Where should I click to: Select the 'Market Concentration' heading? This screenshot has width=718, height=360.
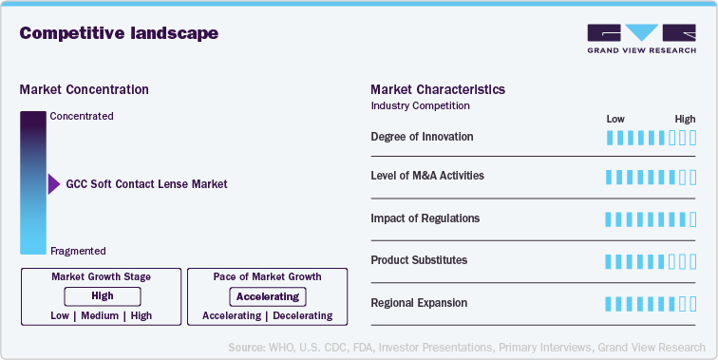[84, 89]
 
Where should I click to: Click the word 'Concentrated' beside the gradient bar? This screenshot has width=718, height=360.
[81, 116]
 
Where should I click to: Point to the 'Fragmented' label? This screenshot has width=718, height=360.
[78, 251]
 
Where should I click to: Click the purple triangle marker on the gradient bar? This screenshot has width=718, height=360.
[53, 184]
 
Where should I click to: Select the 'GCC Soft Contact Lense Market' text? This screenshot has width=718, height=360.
[146, 184]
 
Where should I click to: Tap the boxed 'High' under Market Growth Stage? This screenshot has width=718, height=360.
[102, 296]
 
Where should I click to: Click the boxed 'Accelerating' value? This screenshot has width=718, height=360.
[267, 296]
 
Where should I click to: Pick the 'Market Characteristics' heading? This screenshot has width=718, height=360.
[438, 89]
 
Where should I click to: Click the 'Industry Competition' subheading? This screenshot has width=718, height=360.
[420, 105]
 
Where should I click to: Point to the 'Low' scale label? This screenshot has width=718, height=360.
[615, 119]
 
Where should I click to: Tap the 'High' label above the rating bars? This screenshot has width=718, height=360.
[685, 119]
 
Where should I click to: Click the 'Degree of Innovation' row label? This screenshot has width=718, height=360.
[422, 137]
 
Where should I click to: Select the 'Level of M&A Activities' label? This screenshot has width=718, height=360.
[427, 176]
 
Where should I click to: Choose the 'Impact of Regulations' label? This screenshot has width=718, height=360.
[425, 218]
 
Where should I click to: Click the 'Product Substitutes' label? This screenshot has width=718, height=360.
[419, 259]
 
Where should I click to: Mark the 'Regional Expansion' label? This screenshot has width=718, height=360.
[419, 302]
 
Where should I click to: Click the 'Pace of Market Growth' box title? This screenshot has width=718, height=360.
[267, 276]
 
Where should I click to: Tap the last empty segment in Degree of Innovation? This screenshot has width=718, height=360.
[693, 138]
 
